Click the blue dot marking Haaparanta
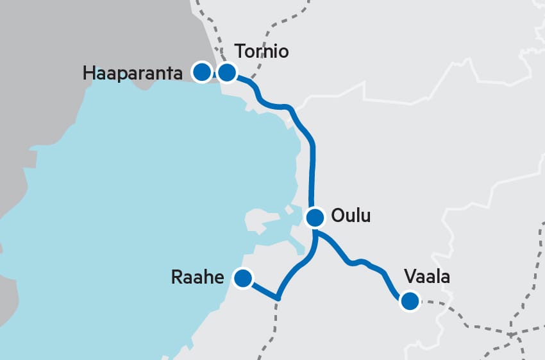click(202, 72)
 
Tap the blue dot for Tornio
click(226, 73)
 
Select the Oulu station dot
click(315, 218)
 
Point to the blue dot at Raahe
click(242, 278)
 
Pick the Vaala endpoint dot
click(409, 300)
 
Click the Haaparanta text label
click(137, 73)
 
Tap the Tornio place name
click(262, 51)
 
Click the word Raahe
click(197, 278)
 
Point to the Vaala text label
click(427, 277)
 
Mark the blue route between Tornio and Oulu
click(312, 160)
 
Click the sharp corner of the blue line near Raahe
click(278, 298)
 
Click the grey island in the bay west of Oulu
click(260, 221)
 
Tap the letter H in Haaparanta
click(88, 73)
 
